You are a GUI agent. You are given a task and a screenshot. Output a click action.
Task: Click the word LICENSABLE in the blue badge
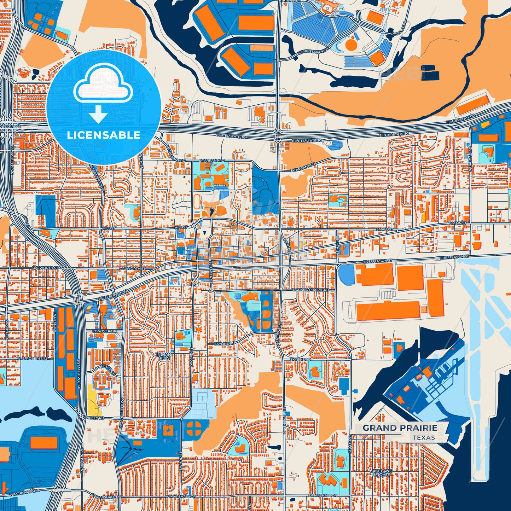pyautogui.click(x=104, y=135)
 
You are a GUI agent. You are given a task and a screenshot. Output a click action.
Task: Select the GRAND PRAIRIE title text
pyautogui.click(x=400, y=428)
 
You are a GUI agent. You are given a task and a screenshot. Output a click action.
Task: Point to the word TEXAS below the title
pyautogui.click(x=424, y=438)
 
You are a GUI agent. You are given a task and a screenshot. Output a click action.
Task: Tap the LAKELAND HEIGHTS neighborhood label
pyautogui.click(x=381, y=472)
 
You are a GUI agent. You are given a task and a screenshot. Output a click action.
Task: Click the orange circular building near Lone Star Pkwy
pyautogui.click(x=351, y=44)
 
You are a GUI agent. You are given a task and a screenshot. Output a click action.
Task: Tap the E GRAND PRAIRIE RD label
pyautogui.click(x=310, y=290)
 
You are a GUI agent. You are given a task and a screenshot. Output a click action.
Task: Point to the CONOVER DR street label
pyautogui.click(x=104, y=331)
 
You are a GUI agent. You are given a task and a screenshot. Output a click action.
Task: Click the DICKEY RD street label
pyautogui.click(x=94, y=418)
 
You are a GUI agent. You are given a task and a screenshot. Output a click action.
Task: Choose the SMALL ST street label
pyautogui.click(x=384, y=229)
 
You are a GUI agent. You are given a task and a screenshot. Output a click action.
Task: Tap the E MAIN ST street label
pyautogui.click(x=458, y=223)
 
